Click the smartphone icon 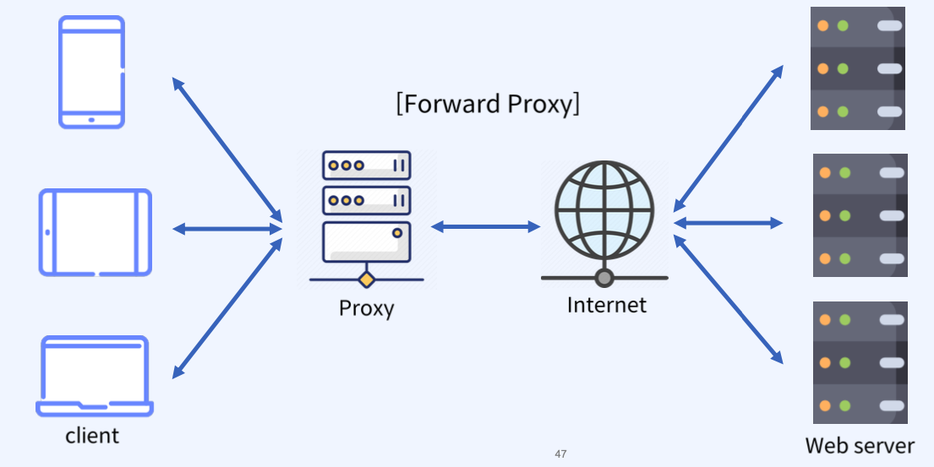pos(91,72)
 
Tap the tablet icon pos(96,232)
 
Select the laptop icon pos(95,377)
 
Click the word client pos(92,436)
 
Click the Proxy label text pos(366,308)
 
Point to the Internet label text pos(606,305)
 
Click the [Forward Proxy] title pos(488,104)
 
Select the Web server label pos(860,445)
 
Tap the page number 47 pos(560,454)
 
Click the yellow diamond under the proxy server pos(366,279)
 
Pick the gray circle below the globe pos(604,277)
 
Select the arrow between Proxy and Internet pos(485,226)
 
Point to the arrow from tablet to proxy pos(227,229)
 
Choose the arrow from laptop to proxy pos(227,308)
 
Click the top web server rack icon pos(857,68)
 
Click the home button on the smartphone pos(91,120)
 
